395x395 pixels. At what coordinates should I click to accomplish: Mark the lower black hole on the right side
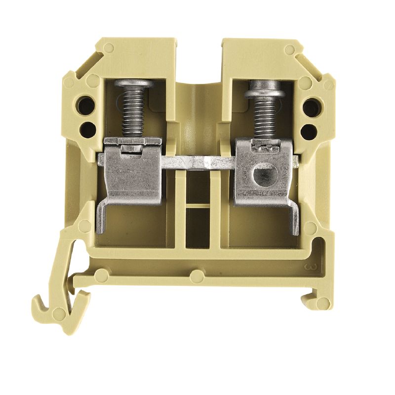309,130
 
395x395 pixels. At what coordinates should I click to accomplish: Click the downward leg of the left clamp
100,217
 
